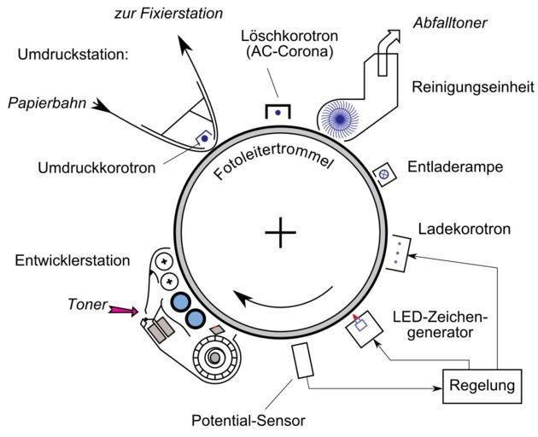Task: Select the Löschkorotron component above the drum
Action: click(278, 111)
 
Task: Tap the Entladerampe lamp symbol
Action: click(384, 173)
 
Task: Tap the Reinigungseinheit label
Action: click(472, 87)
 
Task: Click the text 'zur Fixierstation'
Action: click(168, 14)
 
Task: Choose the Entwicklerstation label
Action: click(72, 259)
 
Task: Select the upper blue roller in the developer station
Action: click(180, 302)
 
